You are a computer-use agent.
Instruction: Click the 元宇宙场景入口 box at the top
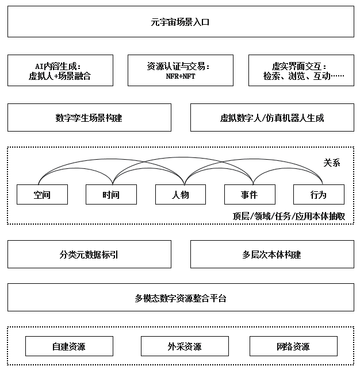pyautogui.click(x=181, y=21)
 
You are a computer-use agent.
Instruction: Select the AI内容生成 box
pyautogui.click(x=60, y=70)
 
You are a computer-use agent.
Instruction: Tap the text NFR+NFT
pyautogui.click(x=181, y=76)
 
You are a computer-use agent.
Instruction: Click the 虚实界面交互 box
pyautogui.click(x=301, y=70)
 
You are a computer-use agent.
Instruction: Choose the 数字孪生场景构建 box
pyautogui.click(x=89, y=117)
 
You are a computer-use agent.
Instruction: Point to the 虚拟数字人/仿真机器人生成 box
pyautogui.click(x=272, y=117)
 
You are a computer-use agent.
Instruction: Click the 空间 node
pyautogui.click(x=43, y=194)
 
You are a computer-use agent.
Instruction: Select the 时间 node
pyautogui.click(x=111, y=194)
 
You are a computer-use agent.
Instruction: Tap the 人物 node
pyautogui.click(x=181, y=194)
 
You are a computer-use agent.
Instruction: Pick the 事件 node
pyautogui.click(x=250, y=194)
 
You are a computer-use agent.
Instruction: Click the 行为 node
pyautogui.click(x=319, y=194)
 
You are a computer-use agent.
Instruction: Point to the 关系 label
pyautogui.click(x=332, y=163)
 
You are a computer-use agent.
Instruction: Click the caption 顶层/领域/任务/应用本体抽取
pyautogui.click(x=289, y=216)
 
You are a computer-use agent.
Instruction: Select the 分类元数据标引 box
pyautogui.click(x=89, y=254)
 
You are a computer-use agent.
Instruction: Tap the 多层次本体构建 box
pyautogui.click(x=272, y=254)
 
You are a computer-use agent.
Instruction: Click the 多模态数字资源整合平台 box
pyautogui.click(x=181, y=298)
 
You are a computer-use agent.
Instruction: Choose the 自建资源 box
pyautogui.click(x=69, y=346)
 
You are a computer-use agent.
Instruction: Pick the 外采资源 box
pyautogui.click(x=185, y=346)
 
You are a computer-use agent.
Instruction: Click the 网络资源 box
pyautogui.click(x=293, y=346)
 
